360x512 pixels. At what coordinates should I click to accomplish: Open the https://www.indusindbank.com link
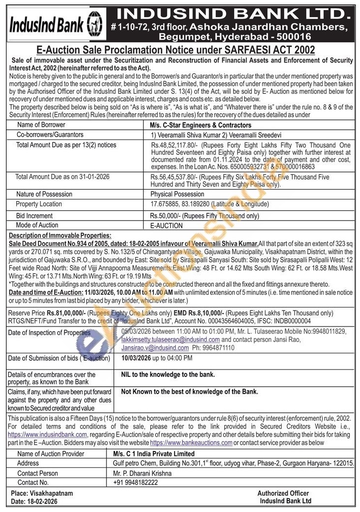48,435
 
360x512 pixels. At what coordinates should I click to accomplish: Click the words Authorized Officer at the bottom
283,493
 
